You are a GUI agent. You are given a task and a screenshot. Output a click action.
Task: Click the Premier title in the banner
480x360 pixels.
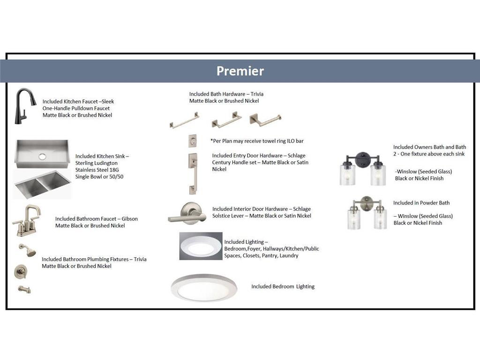(x=240, y=71)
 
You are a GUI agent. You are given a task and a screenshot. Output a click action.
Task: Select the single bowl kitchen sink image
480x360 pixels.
(x=42, y=154)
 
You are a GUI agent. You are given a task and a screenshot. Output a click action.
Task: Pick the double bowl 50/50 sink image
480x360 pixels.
(x=42, y=184)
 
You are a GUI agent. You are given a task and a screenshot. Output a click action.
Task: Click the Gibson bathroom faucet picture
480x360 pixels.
(x=27, y=220)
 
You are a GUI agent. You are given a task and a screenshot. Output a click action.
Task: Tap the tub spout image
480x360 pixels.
(x=24, y=289)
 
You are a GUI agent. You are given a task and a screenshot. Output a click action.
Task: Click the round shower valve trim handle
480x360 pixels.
(x=21, y=271)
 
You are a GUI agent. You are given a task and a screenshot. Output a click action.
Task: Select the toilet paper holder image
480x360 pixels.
(x=265, y=120)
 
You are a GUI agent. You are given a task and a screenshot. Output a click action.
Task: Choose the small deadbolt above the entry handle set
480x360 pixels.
(x=192, y=141)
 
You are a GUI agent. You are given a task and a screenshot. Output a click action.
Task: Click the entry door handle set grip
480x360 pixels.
(x=193, y=174)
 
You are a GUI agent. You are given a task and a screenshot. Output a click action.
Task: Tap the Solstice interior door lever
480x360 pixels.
(x=187, y=214)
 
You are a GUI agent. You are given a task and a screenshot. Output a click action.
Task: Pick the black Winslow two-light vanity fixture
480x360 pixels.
(x=363, y=168)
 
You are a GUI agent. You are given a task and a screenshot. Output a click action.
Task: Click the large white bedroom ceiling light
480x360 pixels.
(x=204, y=287)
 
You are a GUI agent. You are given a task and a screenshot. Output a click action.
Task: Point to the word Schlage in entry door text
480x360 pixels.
(x=296, y=156)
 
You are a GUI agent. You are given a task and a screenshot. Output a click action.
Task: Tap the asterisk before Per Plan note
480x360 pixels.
(x=211, y=140)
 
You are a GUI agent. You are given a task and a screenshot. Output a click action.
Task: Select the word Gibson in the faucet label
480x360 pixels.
(x=129, y=219)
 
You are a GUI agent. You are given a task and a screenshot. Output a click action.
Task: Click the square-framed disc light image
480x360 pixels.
(x=201, y=246)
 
